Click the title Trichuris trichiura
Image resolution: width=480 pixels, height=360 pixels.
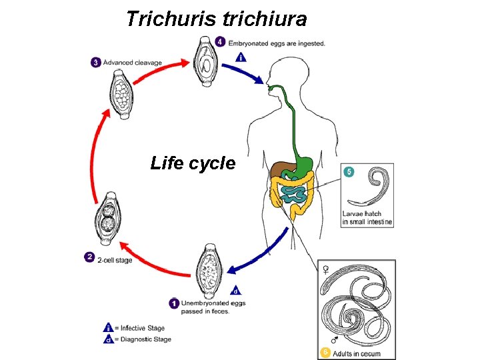click(216, 19)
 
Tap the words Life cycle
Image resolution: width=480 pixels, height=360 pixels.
click(193, 163)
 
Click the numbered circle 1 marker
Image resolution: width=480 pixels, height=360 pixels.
click(174, 303)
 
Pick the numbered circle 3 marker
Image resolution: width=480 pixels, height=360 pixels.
click(96, 63)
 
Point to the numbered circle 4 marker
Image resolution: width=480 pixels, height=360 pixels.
click(221, 41)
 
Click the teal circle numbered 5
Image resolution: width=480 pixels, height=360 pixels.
click(349, 172)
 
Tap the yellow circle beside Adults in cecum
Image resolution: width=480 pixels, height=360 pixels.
click(325, 351)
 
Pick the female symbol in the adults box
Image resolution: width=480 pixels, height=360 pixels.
click(325, 269)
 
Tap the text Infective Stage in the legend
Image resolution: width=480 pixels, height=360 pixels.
click(143, 328)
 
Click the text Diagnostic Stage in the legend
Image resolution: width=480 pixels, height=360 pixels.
click(145, 339)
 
